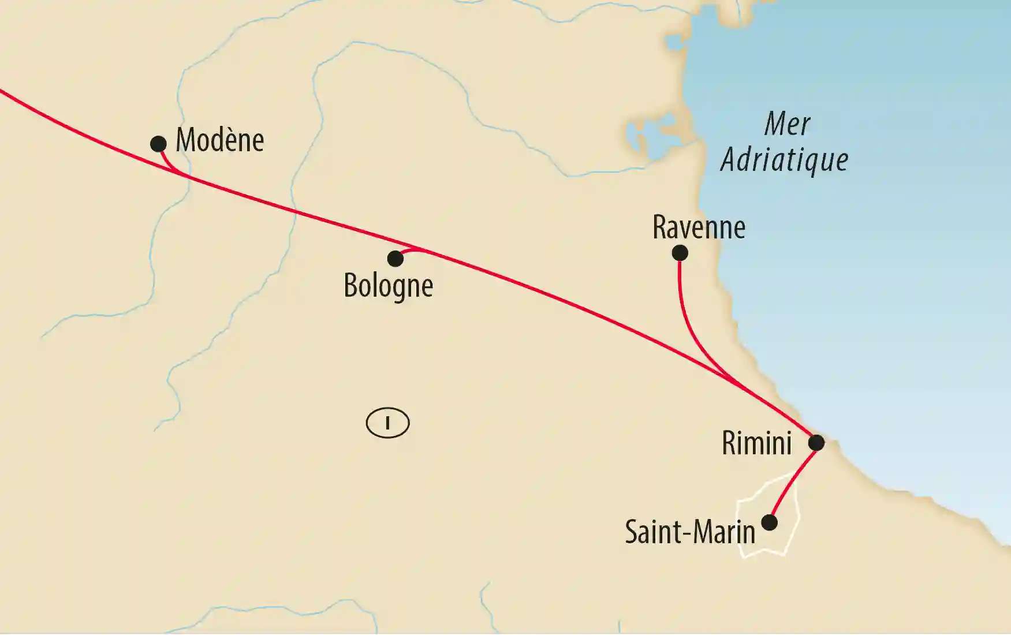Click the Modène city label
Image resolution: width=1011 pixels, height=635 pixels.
click(x=219, y=140)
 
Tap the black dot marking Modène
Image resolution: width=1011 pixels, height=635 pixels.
click(x=158, y=144)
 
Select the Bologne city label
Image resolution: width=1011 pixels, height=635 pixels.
click(x=388, y=286)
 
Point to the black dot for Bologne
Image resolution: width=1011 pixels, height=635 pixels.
click(x=395, y=259)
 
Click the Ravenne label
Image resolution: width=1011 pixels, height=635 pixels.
click(x=699, y=227)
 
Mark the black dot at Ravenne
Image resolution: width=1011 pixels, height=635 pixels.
click(x=680, y=253)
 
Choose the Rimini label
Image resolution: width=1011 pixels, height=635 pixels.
click(x=756, y=443)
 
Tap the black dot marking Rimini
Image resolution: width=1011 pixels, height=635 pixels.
click(x=816, y=443)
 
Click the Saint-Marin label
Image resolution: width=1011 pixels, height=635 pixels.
click(x=690, y=532)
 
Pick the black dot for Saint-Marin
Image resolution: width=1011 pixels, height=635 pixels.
click(x=769, y=522)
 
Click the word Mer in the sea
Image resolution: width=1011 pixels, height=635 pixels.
click(x=787, y=124)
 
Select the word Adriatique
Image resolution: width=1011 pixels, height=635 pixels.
click(x=784, y=160)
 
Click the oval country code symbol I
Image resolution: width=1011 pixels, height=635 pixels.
click(x=387, y=423)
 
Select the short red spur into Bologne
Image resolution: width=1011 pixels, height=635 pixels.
click(x=411, y=251)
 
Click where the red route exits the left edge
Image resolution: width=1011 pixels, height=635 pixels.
click(x=2, y=91)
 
